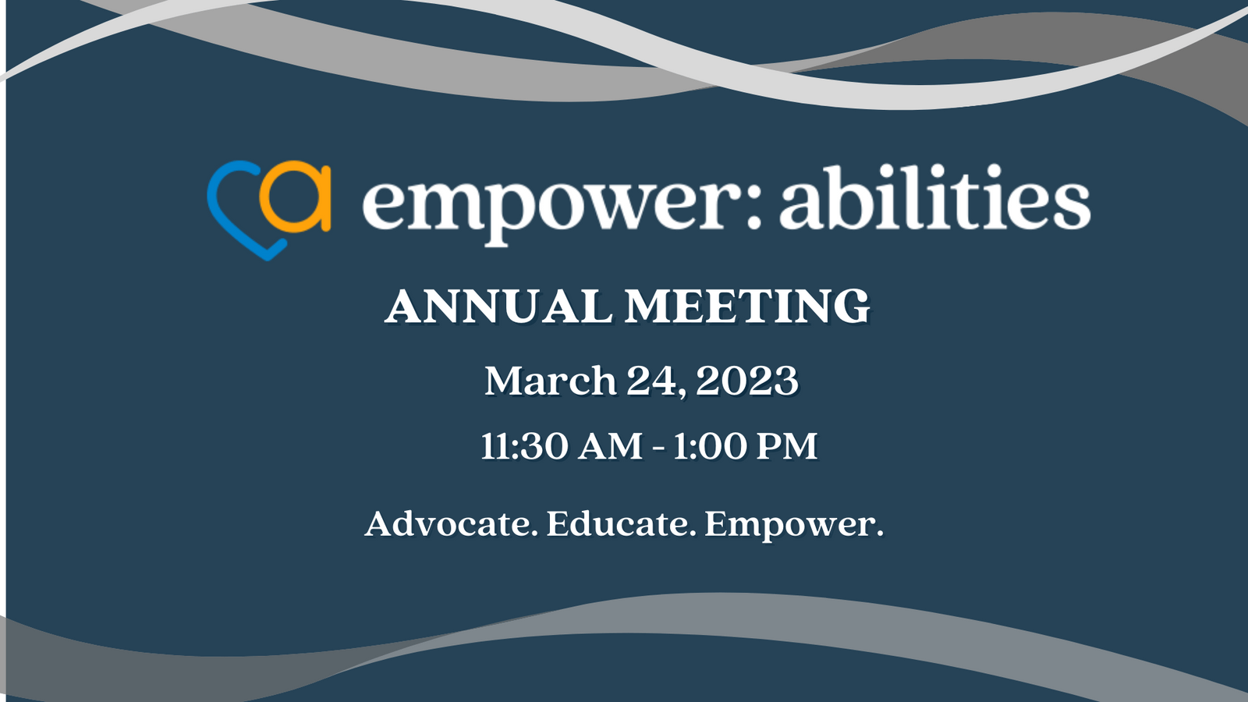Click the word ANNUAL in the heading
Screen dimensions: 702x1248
pyautogui.click(x=498, y=306)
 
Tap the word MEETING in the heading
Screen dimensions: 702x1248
pyautogui.click(x=747, y=306)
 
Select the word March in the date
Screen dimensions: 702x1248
pyautogui.click(x=551, y=381)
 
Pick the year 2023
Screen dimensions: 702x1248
pyautogui.click(x=747, y=381)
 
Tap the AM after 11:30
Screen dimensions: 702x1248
pyautogui.click(x=611, y=447)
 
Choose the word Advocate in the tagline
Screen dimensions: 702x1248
pyautogui.click(x=450, y=523)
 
